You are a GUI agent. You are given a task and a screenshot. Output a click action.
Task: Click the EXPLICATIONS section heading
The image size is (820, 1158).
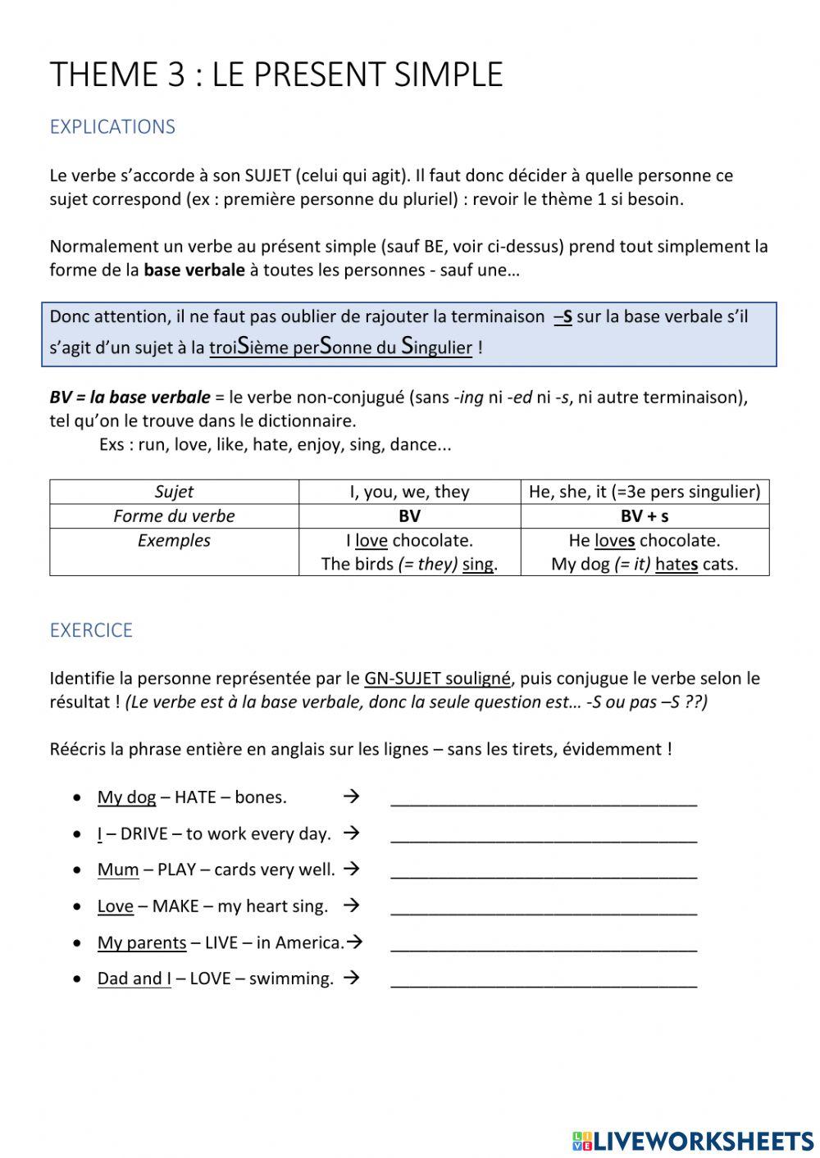click(x=112, y=127)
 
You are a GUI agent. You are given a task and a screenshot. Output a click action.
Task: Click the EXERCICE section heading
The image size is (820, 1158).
click(x=91, y=630)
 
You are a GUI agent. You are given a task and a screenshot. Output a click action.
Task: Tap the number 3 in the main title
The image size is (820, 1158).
click(x=176, y=75)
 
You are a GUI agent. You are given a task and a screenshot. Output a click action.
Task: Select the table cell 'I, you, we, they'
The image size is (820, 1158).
click(x=409, y=492)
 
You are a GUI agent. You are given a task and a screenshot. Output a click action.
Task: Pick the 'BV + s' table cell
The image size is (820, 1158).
click(x=645, y=516)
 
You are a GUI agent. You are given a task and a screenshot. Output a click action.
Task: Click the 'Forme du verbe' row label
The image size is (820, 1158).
click(x=174, y=516)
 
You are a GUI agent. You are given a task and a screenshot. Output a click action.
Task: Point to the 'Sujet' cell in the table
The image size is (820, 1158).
click(x=174, y=492)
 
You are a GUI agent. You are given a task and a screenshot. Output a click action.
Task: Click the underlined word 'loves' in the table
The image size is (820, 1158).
click(x=614, y=541)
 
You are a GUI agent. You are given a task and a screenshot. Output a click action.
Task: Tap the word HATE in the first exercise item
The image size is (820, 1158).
click(x=195, y=797)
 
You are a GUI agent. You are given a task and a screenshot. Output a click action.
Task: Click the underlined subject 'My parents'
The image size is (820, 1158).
click(x=142, y=942)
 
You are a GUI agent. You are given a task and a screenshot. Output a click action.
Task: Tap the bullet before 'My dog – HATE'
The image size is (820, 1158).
click(x=77, y=797)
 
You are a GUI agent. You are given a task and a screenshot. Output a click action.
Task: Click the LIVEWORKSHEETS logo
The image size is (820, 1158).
click(x=693, y=1140)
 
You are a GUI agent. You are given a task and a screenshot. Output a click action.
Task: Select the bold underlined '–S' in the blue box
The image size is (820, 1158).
click(x=563, y=317)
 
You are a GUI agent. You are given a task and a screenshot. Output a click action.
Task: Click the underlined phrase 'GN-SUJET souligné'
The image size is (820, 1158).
click(x=437, y=679)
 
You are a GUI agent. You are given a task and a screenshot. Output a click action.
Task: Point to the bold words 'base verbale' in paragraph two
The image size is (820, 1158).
click(x=194, y=270)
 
